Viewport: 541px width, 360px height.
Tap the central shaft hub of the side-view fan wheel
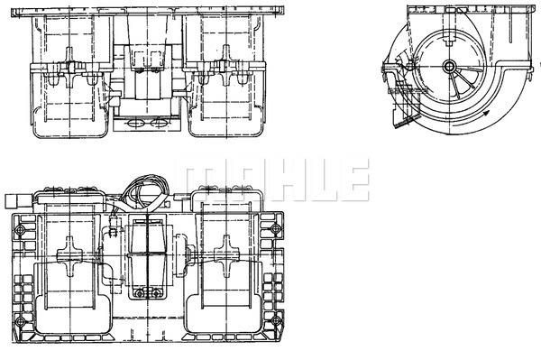coord(449,66)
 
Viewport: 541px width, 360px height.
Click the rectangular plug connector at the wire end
coord(13,201)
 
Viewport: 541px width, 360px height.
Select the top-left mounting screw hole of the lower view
coord(21,229)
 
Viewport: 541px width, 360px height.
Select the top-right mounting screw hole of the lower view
coord(275,228)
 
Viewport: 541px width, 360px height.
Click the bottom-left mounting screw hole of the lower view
coord(21,322)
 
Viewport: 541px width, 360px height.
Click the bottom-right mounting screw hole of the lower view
coord(275,321)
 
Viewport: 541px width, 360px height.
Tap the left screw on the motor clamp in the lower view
coord(139,294)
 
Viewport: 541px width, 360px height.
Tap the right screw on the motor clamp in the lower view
coord(157,294)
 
